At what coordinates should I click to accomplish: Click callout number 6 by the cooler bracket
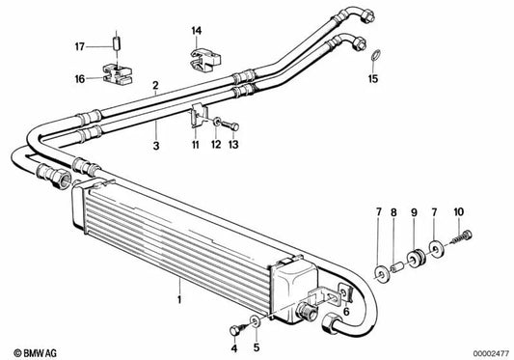coord(346,311)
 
